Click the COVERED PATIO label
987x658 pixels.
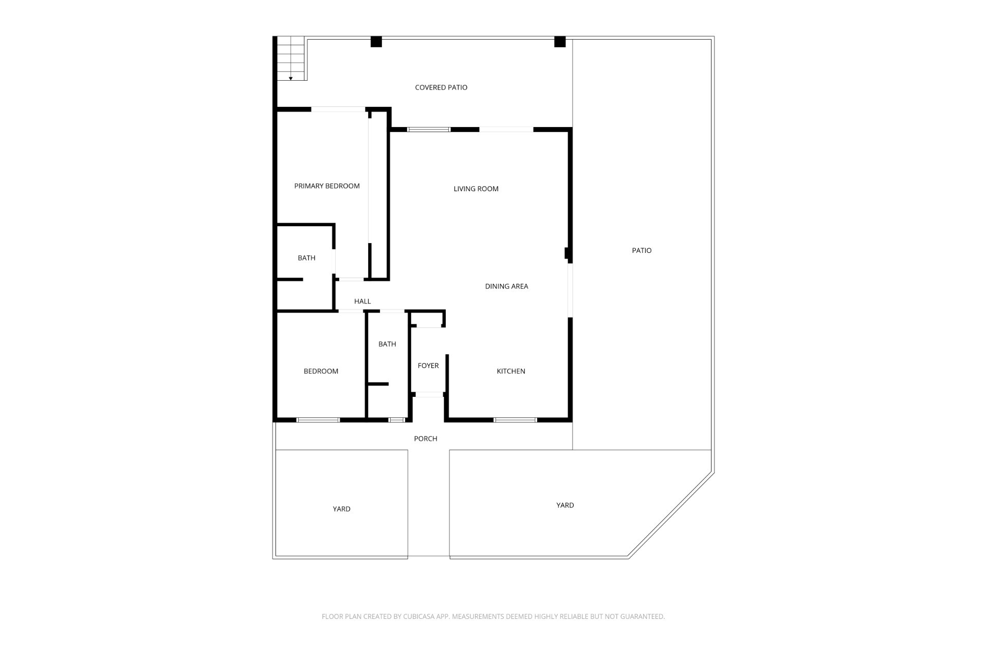tap(441, 87)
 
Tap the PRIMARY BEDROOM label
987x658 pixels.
tap(327, 186)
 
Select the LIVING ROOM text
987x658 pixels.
tap(476, 189)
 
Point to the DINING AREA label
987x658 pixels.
tap(506, 286)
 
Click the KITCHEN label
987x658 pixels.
tap(511, 371)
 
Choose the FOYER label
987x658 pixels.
tap(428, 365)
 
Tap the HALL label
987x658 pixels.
tap(362, 301)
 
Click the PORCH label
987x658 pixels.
tap(426, 438)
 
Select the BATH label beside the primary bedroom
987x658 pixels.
tap(306, 258)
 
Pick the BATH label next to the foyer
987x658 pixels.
tap(387, 344)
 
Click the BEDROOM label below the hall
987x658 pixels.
tap(321, 371)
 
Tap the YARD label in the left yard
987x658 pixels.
tap(341, 509)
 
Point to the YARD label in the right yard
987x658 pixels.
tap(565, 505)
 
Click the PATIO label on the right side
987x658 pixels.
tap(642, 250)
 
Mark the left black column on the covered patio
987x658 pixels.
tap(376, 42)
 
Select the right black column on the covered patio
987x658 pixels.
tap(560, 42)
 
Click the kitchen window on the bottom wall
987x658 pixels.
tap(515, 420)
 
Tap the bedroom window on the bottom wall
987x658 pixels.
tap(318, 420)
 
